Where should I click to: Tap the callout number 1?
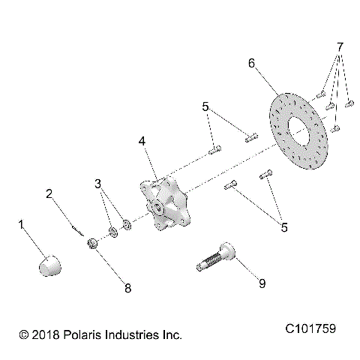pyautogui.click(x=22, y=223)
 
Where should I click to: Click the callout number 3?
pyautogui.click(x=98, y=184)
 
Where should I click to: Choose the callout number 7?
pyautogui.click(x=340, y=46)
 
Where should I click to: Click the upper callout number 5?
pyautogui.click(x=204, y=107)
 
